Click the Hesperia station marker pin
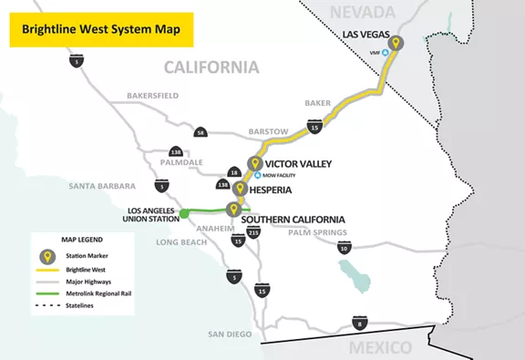[240, 189]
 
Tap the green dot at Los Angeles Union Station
[183, 213]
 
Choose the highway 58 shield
[201, 133]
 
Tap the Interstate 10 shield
[343, 247]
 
